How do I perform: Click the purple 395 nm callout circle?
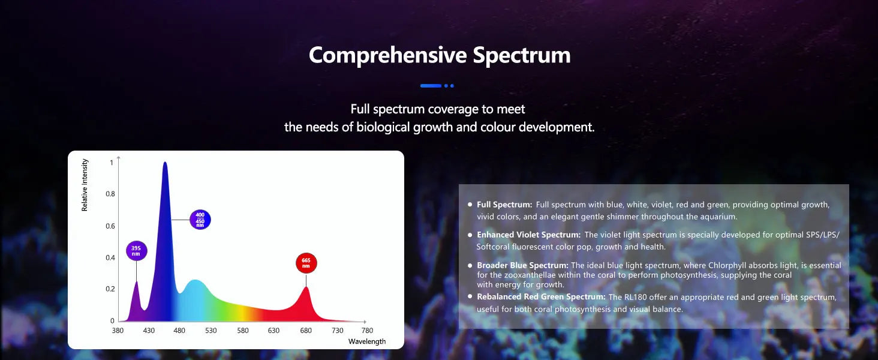pyautogui.click(x=137, y=250)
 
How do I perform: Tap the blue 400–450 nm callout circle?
pyautogui.click(x=200, y=220)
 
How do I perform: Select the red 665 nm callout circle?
pyautogui.click(x=306, y=263)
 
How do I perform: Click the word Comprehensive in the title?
pyautogui.click(x=387, y=55)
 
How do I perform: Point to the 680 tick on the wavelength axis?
pyautogui.click(x=306, y=331)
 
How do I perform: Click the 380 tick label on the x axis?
pyautogui.click(x=118, y=331)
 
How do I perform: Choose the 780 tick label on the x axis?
pyautogui.click(x=367, y=331)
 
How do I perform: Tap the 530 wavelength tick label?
pyautogui.click(x=211, y=331)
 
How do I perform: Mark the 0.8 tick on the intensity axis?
pyautogui.click(x=110, y=194)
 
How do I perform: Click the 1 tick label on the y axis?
pyautogui.click(x=112, y=163)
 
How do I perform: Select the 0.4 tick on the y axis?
pyautogui.click(x=110, y=257)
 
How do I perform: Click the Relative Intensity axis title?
pyautogui.click(x=85, y=185)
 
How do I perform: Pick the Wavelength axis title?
pyautogui.click(x=367, y=341)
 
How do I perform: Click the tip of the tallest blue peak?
pyautogui.click(x=165, y=163)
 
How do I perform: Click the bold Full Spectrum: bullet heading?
pyautogui.click(x=504, y=205)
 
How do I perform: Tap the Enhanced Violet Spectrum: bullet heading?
pyautogui.click(x=528, y=235)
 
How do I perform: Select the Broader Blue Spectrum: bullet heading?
pyautogui.click(x=522, y=265)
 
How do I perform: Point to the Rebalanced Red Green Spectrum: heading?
pyautogui.click(x=541, y=297)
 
